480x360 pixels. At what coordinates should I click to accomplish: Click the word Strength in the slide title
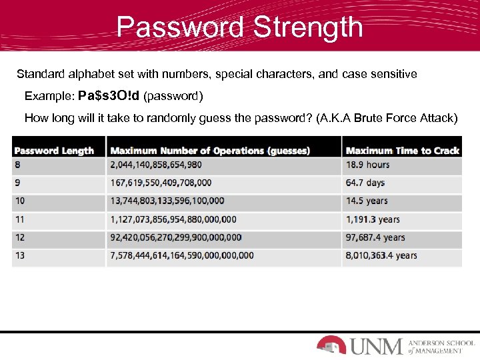click(308, 28)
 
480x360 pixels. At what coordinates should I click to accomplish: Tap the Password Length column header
click(54, 151)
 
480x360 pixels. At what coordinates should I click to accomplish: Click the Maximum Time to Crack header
click(402, 151)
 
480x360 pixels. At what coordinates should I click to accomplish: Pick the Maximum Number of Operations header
click(210, 151)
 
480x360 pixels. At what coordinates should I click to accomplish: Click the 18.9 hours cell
click(367, 165)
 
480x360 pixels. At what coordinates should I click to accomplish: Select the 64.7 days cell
click(365, 183)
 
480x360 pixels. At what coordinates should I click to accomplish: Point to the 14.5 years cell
click(367, 201)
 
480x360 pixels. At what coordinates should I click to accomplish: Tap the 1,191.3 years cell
click(373, 219)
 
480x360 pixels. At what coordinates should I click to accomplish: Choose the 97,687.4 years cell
click(375, 237)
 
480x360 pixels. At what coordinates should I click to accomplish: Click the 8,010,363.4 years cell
click(381, 255)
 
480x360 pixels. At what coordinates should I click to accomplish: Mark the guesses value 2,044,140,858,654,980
click(156, 165)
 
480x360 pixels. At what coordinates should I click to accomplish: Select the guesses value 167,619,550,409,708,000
click(161, 183)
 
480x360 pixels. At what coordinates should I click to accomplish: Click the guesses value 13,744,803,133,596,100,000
click(167, 201)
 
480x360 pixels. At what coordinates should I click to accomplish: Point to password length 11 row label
click(19, 219)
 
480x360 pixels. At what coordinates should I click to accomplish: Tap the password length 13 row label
click(19, 255)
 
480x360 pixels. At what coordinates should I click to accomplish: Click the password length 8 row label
click(17, 165)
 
